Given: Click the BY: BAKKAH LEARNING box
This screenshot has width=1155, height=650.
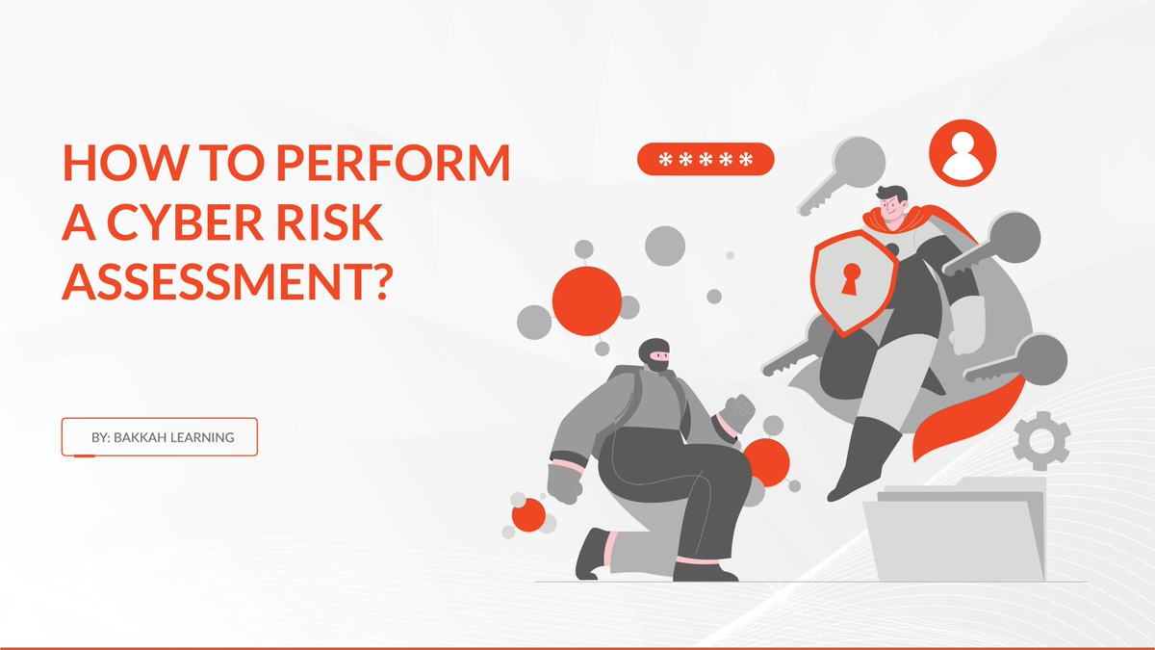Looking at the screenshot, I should [x=160, y=436].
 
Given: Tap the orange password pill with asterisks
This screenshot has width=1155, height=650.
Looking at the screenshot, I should [x=706, y=159].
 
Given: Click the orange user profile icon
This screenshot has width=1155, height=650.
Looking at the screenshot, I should [x=962, y=153].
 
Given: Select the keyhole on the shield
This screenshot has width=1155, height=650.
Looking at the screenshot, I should [x=851, y=279].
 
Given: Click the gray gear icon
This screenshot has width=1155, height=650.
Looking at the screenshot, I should [x=1041, y=442].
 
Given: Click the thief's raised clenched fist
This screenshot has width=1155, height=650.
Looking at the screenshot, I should [x=736, y=412].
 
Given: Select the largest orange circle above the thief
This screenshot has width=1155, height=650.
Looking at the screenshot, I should [x=587, y=300].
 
